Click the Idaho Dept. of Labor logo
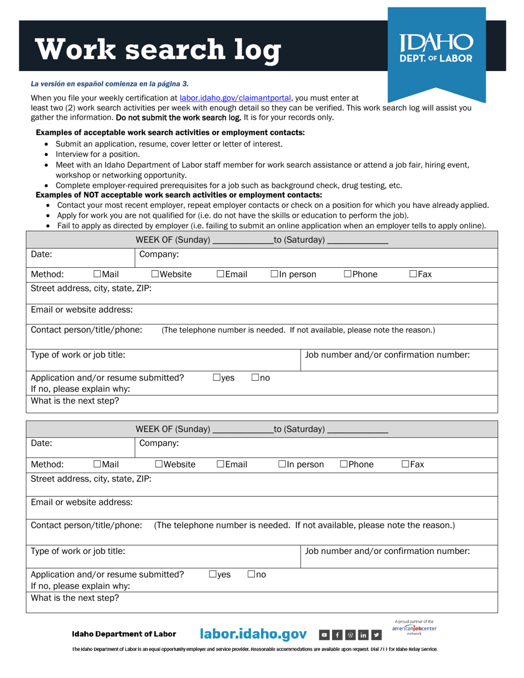click(x=436, y=48)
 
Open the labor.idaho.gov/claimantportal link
click(x=235, y=98)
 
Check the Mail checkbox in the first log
click(x=98, y=274)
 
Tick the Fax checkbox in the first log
click(x=413, y=274)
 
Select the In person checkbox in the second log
click(x=282, y=464)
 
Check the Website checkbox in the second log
click(x=159, y=464)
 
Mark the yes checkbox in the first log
click(x=217, y=378)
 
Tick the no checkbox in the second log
click(x=251, y=574)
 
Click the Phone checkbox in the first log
click(x=347, y=274)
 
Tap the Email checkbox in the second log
click(x=221, y=464)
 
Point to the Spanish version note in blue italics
click(x=109, y=84)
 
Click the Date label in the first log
click(x=41, y=255)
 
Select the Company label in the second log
click(x=159, y=443)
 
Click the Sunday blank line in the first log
click(x=243, y=240)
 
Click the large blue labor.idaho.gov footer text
click(x=253, y=634)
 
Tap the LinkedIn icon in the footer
click(x=363, y=635)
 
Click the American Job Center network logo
click(x=414, y=628)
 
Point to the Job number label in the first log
click(x=387, y=355)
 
